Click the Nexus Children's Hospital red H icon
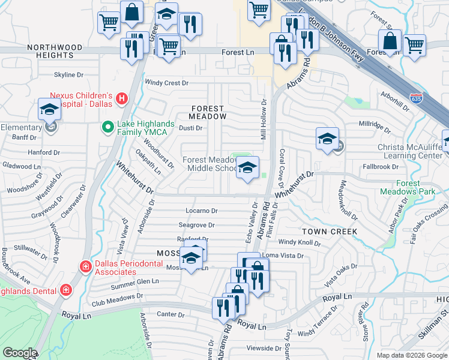click(122, 98)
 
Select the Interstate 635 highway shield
click(415, 98)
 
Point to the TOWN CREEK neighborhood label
click(330, 231)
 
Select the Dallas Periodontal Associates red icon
click(86, 266)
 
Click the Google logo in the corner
click(20, 353)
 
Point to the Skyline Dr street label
click(69, 75)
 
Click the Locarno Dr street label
click(201, 211)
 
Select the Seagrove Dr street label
click(196, 225)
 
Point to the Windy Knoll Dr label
click(300, 243)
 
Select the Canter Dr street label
click(170, 314)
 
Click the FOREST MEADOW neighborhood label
click(207, 113)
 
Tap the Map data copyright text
click(412, 355)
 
